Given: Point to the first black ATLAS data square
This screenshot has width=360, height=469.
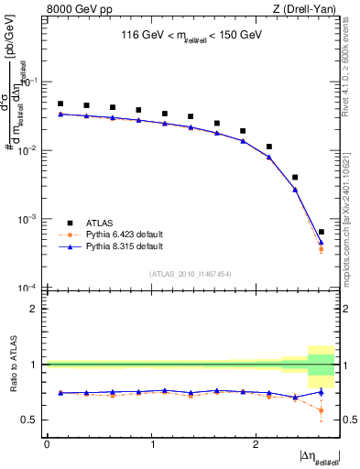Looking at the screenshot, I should click(x=60, y=104).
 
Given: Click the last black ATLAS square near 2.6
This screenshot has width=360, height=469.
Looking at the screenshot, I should click(x=321, y=232).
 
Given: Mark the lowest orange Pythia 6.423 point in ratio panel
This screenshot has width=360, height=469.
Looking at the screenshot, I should click(x=321, y=410).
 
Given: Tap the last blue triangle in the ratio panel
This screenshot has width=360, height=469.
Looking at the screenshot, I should click(x=321, y=392).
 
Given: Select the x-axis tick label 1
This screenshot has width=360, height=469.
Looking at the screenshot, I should click(x=152, y=443).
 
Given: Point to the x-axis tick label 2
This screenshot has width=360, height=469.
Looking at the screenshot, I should click(x=256, y=443).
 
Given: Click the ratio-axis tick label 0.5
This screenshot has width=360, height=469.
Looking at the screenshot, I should click(x=31, y=420).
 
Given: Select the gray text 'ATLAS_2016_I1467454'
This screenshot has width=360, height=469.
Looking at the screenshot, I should click(x=191, y=274).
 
